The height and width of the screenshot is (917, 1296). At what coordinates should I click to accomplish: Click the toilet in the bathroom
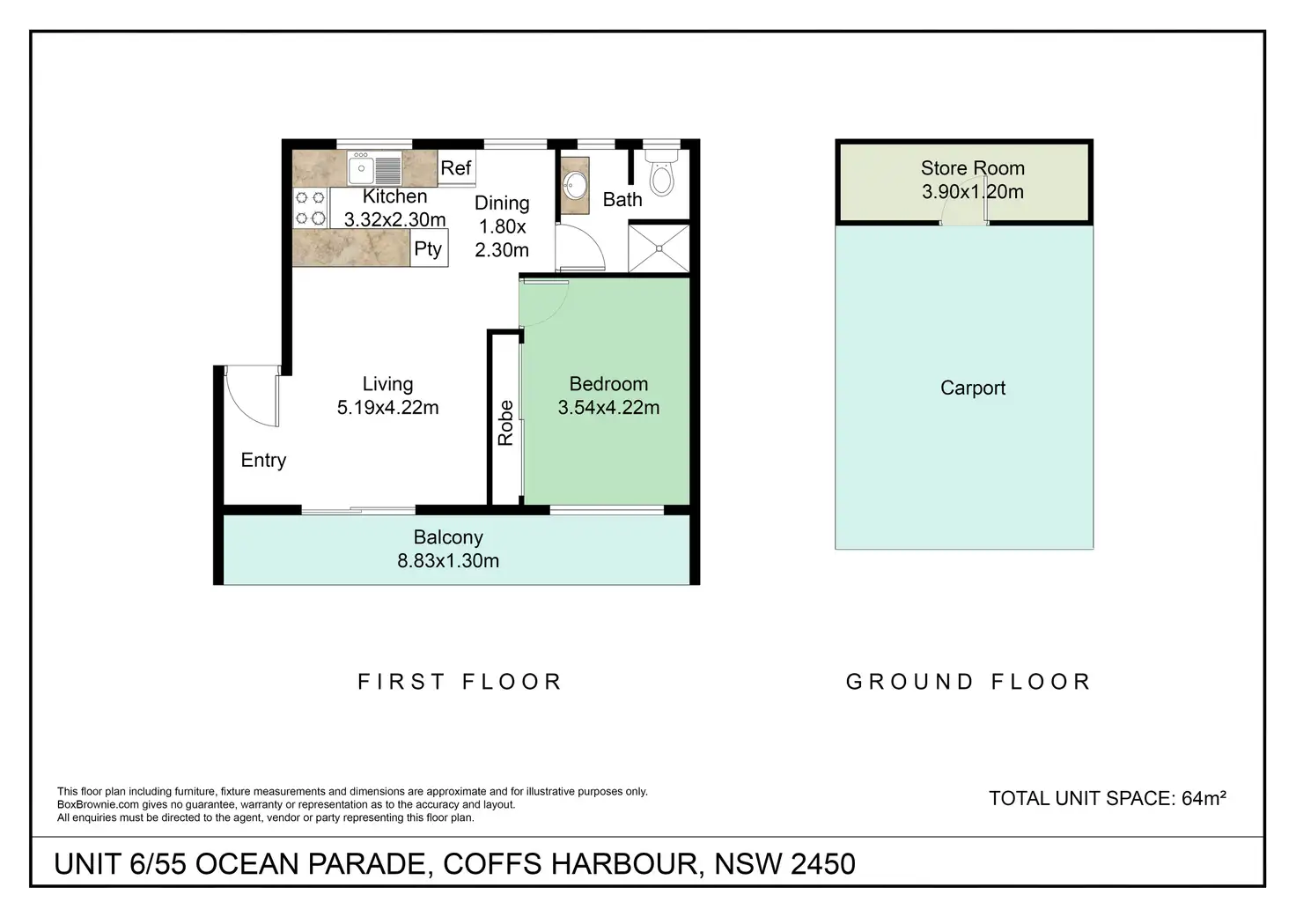(662, 173)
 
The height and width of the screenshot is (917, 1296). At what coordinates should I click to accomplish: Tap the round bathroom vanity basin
(575, 185)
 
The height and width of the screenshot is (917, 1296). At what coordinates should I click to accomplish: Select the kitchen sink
(374, 168)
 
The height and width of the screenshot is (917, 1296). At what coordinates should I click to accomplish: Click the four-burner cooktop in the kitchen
(310, 208)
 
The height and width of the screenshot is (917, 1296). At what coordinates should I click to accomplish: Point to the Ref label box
(456, 168)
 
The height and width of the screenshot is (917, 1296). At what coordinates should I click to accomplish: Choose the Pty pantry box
(429, 248)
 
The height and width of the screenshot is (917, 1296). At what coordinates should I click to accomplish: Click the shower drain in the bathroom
(659, 248)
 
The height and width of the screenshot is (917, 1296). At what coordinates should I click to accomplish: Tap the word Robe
(505, 423)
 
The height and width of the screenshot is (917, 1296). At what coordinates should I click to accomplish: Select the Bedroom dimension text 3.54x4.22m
(608, 408)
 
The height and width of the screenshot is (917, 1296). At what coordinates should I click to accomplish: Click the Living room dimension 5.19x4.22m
(387, 408)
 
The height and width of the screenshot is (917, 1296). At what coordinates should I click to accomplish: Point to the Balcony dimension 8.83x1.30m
(448, 561)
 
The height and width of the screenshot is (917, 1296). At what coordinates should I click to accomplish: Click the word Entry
(263, 460)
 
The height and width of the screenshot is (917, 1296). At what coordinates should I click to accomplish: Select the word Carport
(973, 388)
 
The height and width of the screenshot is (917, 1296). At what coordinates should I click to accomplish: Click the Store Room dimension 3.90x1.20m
(973, 192)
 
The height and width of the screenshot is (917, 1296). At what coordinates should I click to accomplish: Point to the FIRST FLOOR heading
(460, 682)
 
